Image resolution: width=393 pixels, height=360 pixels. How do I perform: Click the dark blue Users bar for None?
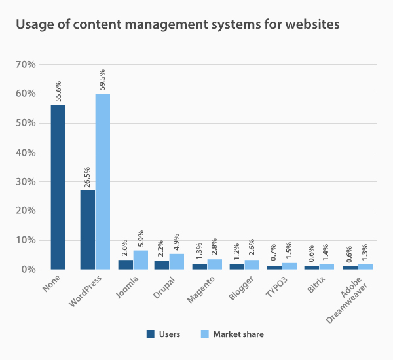(x=58, y=187)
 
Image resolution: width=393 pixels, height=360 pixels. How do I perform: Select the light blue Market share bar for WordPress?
(x=103, y=181)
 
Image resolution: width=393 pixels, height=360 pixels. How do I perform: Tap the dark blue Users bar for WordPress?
(x=87, y=230)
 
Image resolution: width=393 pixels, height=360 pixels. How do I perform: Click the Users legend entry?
(x=163, y=334)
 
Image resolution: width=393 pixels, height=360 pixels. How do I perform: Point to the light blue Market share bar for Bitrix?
(x=327, y=266)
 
